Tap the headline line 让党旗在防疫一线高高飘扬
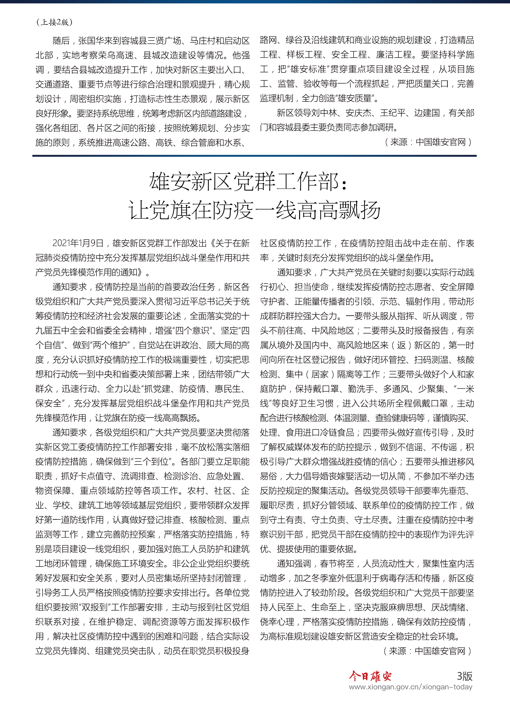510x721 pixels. click(254, 210)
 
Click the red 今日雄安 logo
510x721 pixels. click(370, 676)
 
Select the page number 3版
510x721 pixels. click(465, 676)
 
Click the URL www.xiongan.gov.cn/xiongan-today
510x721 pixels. click(410, 687)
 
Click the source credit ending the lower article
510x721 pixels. click(427, 651)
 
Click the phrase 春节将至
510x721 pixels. click(337, 564)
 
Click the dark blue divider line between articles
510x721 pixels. click(254, 156)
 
